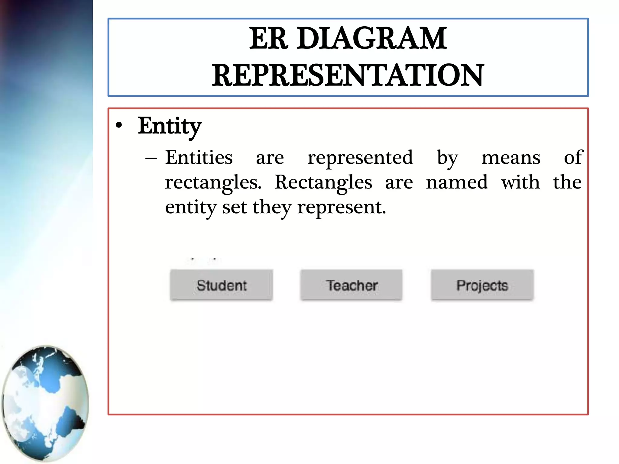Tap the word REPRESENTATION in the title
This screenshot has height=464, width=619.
point(348,76)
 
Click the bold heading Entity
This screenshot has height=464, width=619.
point(170,126)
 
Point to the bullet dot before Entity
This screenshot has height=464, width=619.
point(119,125)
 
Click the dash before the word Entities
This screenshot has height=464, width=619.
point(151,158)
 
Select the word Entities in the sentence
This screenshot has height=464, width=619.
point(199,158)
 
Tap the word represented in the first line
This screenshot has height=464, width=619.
point(360,158)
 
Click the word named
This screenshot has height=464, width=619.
point(457,182)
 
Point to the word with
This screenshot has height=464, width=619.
point(520,182)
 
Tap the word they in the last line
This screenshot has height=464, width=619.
point(272,208)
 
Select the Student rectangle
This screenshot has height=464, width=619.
point(221,285)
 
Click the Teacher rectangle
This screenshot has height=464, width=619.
point(351,285)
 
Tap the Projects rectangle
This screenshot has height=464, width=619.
point(482,285)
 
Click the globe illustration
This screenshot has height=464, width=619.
point(45,403)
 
